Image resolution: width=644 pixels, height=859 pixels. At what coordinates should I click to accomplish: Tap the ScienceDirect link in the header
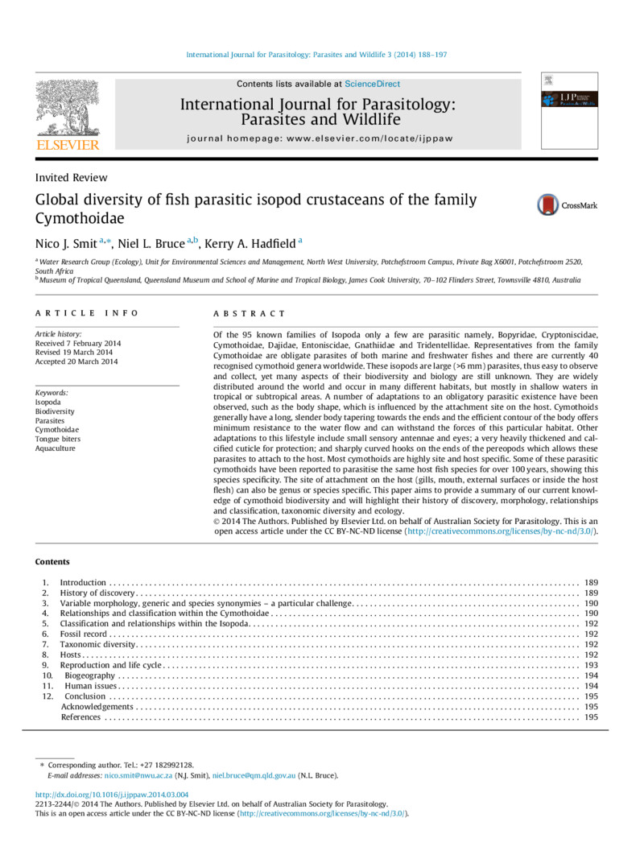[372, 84]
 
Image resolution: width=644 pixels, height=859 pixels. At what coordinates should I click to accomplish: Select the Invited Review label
[71, 177]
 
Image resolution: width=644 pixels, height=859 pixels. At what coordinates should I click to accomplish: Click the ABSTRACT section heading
[250, 313]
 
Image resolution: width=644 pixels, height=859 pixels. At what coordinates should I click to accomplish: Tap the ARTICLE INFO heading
[87, 313]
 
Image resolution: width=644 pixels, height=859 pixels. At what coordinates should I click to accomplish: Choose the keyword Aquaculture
[55, 448]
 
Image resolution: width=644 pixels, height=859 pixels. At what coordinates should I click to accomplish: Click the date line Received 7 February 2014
[76, 343]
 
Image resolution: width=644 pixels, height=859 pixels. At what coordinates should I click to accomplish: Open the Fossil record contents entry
[84, 634]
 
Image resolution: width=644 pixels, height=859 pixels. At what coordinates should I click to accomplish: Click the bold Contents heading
[52, 562]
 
